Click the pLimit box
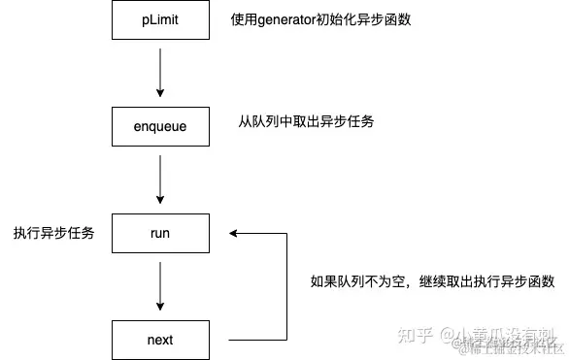pos(160,19)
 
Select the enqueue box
pos(160,126)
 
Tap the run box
pos(160,233)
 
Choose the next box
pos(160,340)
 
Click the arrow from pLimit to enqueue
pos(160,73)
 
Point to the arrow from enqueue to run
pos(160,180)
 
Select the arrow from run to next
pos(160,286)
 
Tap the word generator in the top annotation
pos(291,19)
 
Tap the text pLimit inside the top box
pos(160,19)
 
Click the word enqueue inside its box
pos(160,126)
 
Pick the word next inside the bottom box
pos(160,340)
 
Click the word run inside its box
pos(160,233)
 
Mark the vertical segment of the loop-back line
pos(287,286)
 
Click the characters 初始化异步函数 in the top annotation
pos(373,19)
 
